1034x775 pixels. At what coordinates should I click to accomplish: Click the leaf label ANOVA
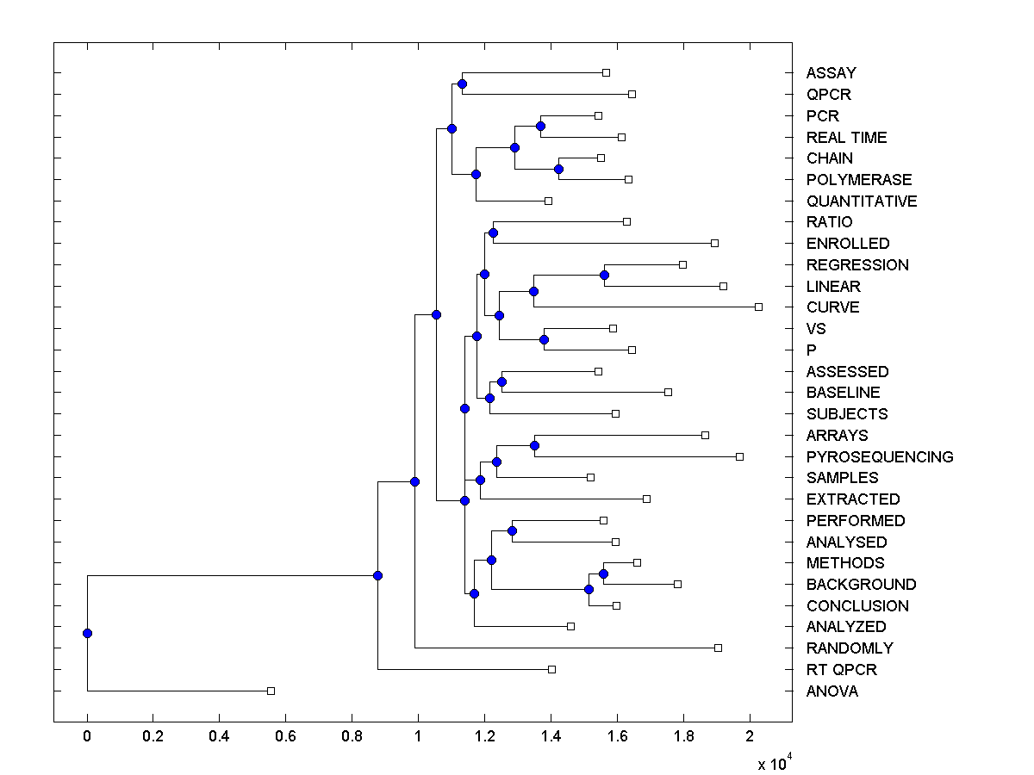832,691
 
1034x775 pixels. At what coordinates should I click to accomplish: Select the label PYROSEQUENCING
880,457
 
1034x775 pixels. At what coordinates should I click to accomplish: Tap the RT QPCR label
841,670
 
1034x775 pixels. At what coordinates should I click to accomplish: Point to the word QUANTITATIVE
862,201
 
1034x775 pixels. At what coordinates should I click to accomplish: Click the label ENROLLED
848,244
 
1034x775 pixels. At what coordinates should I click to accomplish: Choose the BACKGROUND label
861,585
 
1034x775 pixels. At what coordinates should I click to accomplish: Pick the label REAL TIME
846,138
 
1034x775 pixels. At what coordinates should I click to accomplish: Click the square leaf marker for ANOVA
271,691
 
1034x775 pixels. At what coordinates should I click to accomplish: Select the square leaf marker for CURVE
758,307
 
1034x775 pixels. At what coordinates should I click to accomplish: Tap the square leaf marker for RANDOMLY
718,648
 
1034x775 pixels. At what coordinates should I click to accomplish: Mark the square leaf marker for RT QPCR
552,669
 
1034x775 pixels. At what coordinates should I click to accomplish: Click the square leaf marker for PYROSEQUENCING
739,456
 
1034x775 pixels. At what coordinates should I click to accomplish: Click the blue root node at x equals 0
87,633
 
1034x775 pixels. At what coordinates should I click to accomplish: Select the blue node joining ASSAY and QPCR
462,84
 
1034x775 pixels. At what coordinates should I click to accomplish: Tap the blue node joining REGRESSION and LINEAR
604,276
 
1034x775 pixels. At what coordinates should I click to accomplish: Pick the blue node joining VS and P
544,339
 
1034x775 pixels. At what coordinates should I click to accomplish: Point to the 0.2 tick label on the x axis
153,737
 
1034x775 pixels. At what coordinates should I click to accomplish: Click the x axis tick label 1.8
683,737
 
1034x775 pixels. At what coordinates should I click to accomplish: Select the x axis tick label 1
418,737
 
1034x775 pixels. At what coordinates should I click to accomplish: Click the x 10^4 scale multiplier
773,763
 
